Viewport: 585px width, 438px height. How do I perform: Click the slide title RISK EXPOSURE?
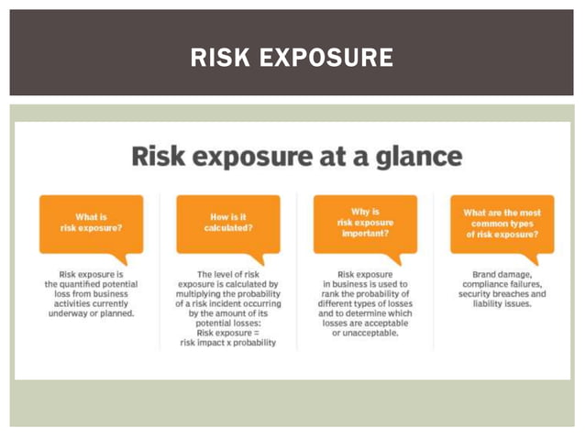click(292, 59)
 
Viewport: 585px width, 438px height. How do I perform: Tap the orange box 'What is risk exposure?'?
click(91, 222)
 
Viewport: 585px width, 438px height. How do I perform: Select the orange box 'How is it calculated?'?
click(228, 222)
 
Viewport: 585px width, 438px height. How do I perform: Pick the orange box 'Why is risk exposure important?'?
click(365, 222)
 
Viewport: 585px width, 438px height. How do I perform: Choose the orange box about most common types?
click(502, 223)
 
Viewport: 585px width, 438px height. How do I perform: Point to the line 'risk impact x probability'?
click(228, 343)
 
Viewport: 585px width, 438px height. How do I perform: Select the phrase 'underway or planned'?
click(91, 313)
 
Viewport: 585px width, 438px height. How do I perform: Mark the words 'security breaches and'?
click(502, 293)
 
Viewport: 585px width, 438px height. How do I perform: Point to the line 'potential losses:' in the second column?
click(228, 323)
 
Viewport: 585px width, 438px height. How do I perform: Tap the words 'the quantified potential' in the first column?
click(91, 284)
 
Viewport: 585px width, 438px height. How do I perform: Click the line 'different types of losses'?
click(365, 303)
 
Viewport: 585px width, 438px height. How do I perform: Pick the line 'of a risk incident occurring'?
click(228, 303)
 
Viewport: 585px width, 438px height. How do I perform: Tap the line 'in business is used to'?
click(365, 284)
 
